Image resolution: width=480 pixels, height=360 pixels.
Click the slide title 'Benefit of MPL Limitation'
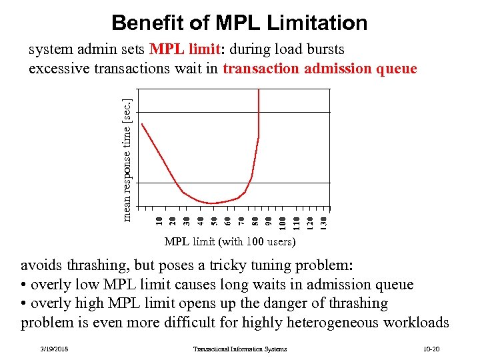tap(239, 23)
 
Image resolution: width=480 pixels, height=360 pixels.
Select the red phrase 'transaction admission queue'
tap(320, 69)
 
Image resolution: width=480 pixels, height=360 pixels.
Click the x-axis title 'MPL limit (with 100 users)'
tap(229, 241)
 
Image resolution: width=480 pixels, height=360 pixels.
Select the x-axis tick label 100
tap(283, 219)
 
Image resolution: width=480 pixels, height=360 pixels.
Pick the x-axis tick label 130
tap(324, 219)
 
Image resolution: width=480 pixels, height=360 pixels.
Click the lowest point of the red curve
tap(212, 203)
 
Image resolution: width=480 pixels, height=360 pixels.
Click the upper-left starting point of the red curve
tap(142, 124)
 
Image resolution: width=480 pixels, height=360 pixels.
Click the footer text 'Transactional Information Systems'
tap(240, 349)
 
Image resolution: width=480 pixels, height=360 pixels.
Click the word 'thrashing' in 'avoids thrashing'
tap(97, 266)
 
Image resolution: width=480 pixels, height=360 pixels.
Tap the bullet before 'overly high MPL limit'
tap(24, 304)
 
